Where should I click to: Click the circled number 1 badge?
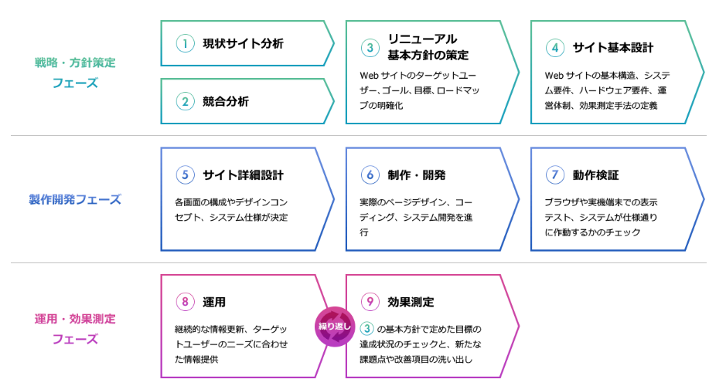coord(186,43)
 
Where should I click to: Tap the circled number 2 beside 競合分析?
coord(186,101)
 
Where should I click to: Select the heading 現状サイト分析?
coord(243,43)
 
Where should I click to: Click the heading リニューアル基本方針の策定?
coord(428,47)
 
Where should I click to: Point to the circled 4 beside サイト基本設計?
coord(555,48)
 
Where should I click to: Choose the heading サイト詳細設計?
coord(243,174)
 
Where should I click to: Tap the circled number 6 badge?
coord(370,174)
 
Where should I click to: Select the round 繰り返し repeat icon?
coord(335,327)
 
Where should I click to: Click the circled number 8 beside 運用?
coord(186,302)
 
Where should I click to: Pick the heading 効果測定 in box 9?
coord(411,302)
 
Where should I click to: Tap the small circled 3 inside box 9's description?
coord(366,329)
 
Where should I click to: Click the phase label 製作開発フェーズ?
coord(75,200)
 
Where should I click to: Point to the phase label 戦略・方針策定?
coord(75,63)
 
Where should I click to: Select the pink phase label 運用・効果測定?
coord(75,319)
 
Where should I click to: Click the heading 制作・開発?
coord(417,174)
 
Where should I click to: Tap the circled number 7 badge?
coord(555,174)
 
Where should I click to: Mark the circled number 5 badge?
coord(186,174)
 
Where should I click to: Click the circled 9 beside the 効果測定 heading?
coord(370,302)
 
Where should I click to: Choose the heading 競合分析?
coord(226,101)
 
